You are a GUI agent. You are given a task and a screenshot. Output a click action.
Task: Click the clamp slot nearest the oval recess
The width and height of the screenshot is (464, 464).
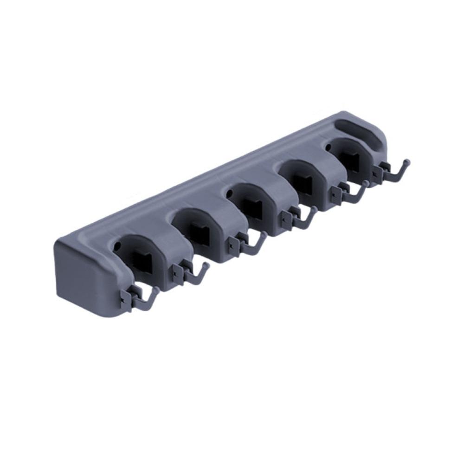(350, 158)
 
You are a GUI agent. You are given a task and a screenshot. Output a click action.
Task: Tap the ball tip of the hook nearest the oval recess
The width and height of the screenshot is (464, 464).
(407, 162)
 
